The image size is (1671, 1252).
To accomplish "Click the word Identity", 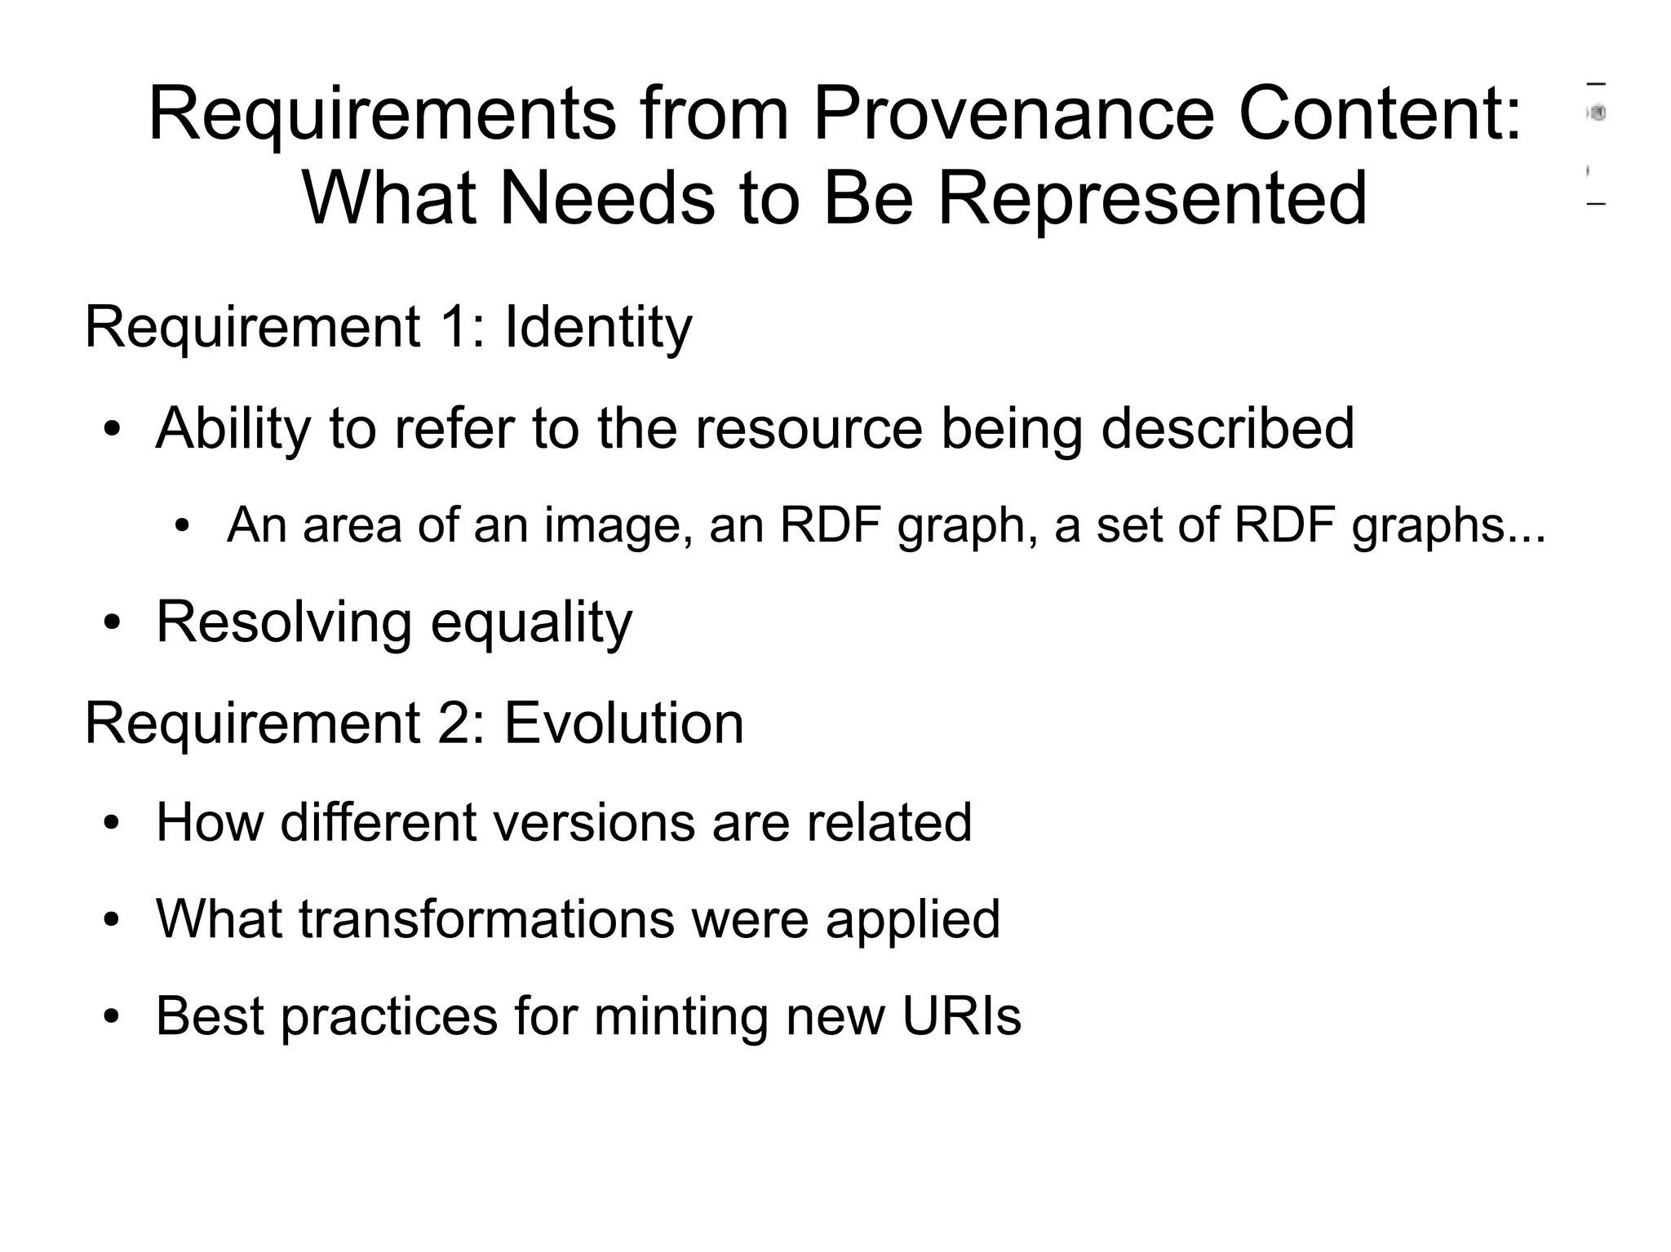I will pos(598,328).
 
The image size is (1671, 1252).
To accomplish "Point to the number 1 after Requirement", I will pos(454,328).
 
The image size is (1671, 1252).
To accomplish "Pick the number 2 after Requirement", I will pos(454,723).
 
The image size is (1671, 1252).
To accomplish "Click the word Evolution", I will pos(624,723).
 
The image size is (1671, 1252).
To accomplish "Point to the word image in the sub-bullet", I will pos(612,525).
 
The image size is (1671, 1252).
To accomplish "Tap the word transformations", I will pos(486,919).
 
